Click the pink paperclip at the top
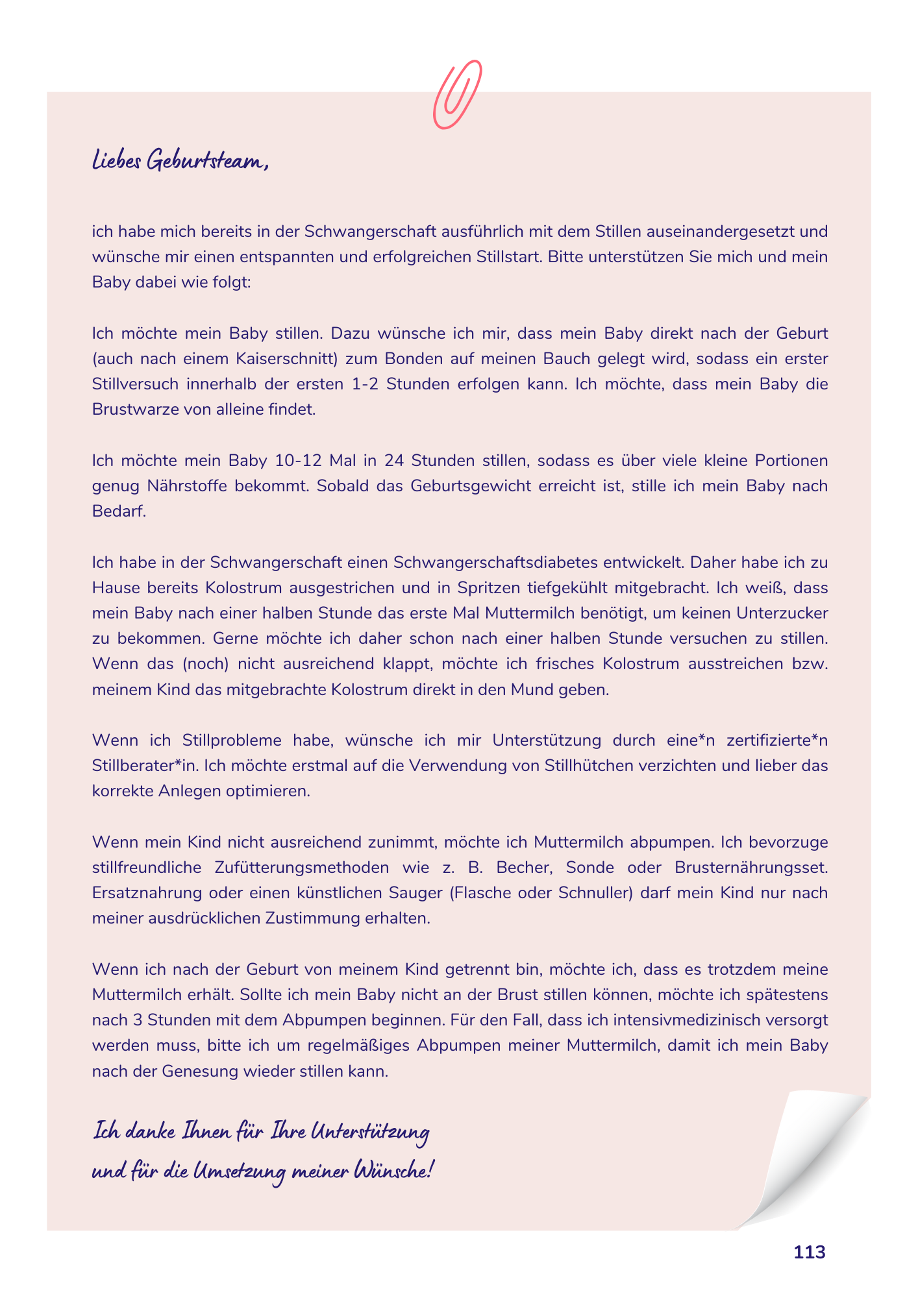(457, 94)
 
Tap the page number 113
(809, 1252)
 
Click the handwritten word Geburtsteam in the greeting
(206, 160)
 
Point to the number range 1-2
(365, 384)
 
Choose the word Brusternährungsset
(751, 868)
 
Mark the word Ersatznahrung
(146, 893)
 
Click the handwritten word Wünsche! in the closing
(392, 1171)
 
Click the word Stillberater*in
(145, 766)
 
